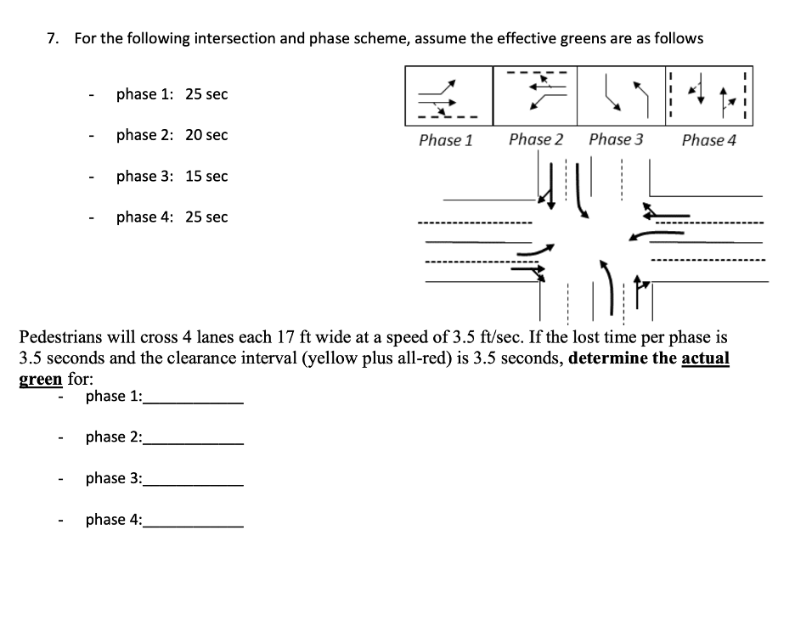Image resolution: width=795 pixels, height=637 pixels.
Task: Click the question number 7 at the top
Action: click(x=52, y=38)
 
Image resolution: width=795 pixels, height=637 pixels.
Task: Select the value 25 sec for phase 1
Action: click(x=206, y=94)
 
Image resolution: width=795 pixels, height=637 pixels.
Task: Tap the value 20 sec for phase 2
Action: click(x=206, y=135)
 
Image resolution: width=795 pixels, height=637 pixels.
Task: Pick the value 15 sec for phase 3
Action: click(x=206, y=176)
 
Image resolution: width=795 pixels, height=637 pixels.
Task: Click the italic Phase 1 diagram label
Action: click(x=445, y=140)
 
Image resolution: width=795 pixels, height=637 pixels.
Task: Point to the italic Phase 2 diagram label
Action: click(x=535, y=139)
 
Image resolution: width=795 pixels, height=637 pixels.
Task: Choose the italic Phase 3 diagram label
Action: click(x=616, y=139)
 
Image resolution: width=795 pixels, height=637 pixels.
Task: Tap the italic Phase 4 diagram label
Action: click(x=708, y=140)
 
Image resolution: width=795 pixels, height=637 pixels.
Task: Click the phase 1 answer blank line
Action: click(x=194, y=400)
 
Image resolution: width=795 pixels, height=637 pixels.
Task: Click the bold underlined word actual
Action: click(x=705, y=358)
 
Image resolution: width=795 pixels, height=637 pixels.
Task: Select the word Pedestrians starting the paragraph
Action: click(x=64, y=336)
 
